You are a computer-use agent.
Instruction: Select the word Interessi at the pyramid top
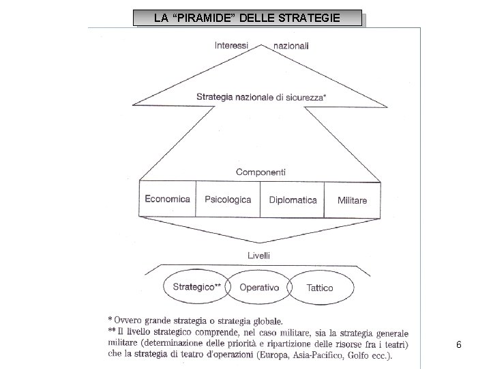click(x=231, y=46)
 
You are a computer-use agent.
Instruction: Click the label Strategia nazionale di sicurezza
click(x=260, y=97)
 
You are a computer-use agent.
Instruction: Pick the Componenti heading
click(x=261, y=172)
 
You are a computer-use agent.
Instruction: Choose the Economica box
click(x=167, y=200)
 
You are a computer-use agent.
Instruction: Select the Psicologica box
click(x=228, y=200)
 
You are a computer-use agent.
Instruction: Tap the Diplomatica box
click(x=293, y=200)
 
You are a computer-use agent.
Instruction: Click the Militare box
click(x=352, y=200)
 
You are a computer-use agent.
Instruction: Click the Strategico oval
click(x=196, y=288)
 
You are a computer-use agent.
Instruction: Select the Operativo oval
click(x=259, y=288)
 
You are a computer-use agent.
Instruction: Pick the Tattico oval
click(x=320, y=288)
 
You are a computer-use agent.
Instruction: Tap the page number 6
click(x=459, y=345)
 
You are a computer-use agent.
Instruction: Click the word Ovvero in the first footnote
click(x=129, y=319)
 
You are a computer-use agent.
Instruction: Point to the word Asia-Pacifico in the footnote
click(x=313, y=354)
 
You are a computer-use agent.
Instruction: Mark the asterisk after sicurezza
click(x=325, y=96)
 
